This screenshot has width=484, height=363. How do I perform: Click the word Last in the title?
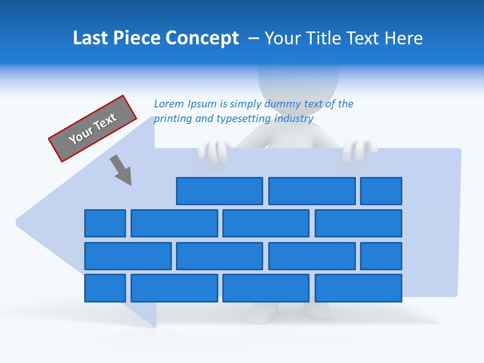[x=89, y=38]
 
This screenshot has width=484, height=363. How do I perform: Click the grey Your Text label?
[x=93, y=129]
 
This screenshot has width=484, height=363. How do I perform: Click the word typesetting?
[x=244, y=119]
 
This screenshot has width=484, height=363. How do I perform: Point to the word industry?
[x=294, y=119]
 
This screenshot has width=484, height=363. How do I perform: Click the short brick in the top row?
[x=381, y=191]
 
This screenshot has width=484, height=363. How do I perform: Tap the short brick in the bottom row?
[x=105, y=288]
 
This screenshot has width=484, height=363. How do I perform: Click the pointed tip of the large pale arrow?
[x=18, y=221]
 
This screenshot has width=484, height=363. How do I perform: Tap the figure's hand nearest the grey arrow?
[x=215, y=151]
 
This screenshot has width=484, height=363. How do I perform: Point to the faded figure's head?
[x=297, y=81]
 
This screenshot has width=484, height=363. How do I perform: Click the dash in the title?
[x=255, y=38]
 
